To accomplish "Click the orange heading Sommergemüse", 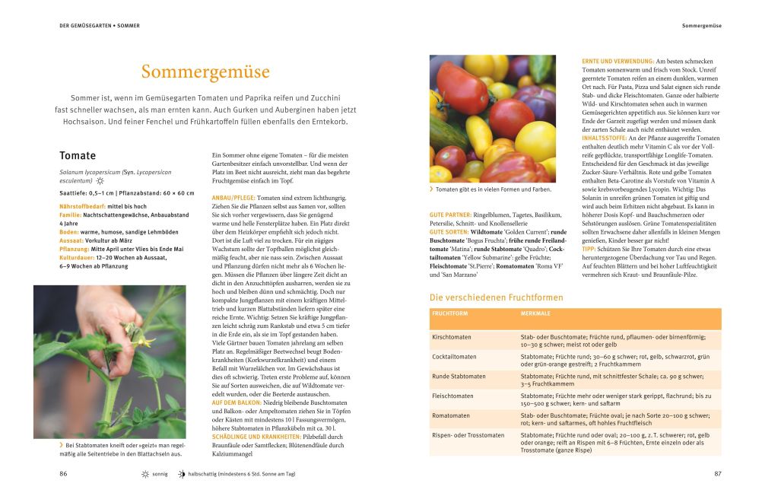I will [x=205, y=72].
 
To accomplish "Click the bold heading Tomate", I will [x=78, y=156].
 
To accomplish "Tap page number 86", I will [x=63, y=473].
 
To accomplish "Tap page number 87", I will [x=717, y=473].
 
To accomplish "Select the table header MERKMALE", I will [x=535, y=313].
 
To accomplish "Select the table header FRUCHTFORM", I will [x=450, y=313].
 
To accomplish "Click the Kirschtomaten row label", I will [x=452, y=337].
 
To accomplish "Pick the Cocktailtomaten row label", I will [x=455, y=356].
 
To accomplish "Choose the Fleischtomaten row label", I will [x=452, y=396].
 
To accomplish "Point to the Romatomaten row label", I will [x=451, y=415].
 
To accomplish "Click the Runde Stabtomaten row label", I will [x=459, y=376].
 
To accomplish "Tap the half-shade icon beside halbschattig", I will [x=181, y=473].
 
